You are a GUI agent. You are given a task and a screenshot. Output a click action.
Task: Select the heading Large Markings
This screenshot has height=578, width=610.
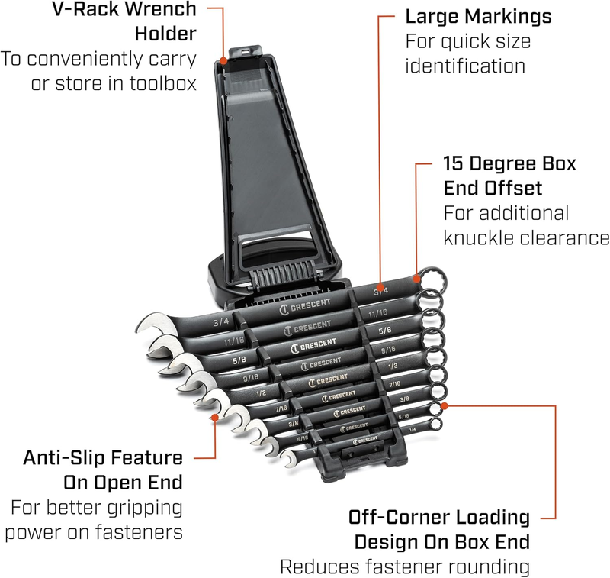pyautogui.click(x=477, y=16)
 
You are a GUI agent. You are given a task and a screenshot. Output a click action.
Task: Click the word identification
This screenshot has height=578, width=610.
pyautogui.click(x=465, y=66)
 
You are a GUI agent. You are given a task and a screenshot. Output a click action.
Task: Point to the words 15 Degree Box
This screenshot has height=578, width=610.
pyautogui.click(x=510, y=163)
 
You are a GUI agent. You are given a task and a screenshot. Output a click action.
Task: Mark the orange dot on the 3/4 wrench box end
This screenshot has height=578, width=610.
pyautogui.click(x=417, y=271)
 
